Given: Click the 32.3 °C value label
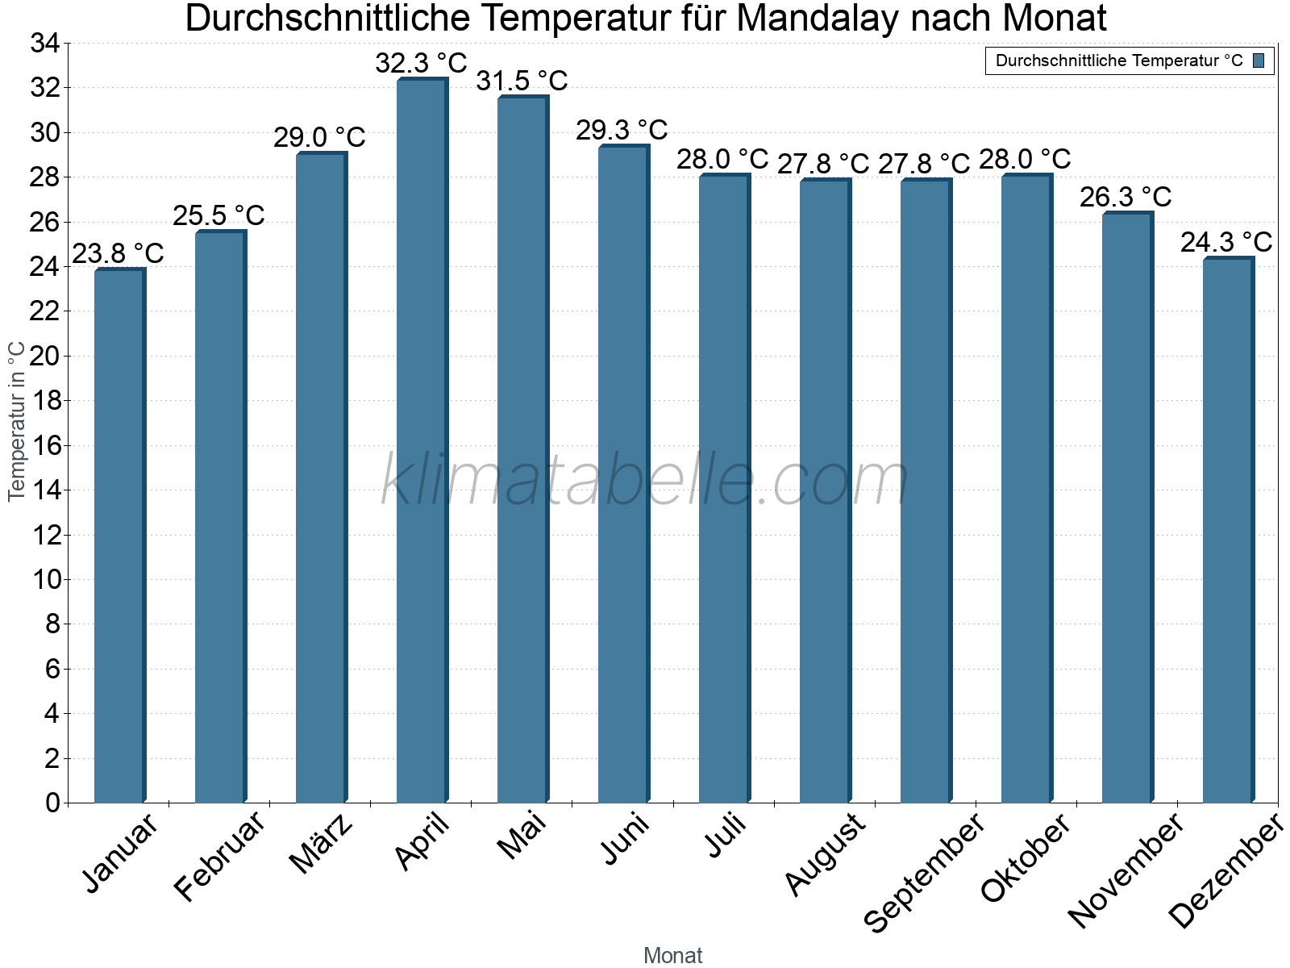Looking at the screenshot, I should click(421, 63).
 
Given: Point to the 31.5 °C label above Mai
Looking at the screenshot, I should click(522, 81).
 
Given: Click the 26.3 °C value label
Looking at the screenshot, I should click(1126, 197).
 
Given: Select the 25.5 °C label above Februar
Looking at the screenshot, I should click(218, 215).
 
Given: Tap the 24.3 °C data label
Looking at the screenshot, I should click(1226, 242).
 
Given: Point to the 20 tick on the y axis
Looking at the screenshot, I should click(45, 356).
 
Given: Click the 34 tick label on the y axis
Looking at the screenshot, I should click(45, 44).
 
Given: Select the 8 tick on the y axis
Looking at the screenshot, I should click(52, 624).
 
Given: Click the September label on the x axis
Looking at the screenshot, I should click(924, 871).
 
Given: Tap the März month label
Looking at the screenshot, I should click(321, 843).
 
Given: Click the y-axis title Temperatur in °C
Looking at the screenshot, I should click(17, 421).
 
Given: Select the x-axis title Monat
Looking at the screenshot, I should click(672, 955).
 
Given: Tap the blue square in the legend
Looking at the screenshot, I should click(1259, 60).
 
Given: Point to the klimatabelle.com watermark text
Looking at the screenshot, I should click(645, 481).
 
